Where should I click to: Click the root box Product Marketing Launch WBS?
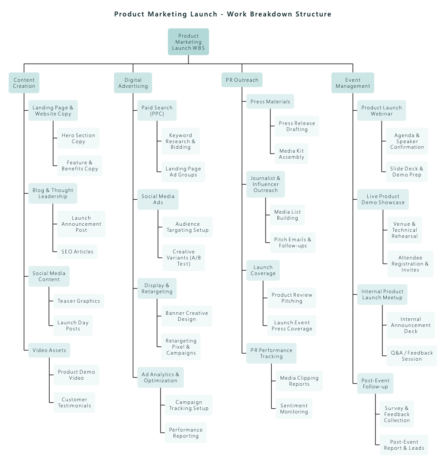coord(188,42)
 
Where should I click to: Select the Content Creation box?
coord(24,83)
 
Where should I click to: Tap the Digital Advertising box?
coord(133,83)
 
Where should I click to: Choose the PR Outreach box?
coord(242,80)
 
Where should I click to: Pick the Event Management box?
coord(353,83)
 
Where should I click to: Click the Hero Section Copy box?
coord(78,138)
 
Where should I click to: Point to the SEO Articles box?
coord(77,252)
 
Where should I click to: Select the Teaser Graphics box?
coord(79,301)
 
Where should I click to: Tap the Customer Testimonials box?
coord(74,403)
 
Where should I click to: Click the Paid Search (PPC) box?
coord(157,110)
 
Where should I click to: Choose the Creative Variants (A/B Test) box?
coord(183,258)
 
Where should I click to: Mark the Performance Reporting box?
coord(186,432)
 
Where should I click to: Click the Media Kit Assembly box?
coord(292,154)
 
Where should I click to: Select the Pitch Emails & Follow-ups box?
coord(293,243)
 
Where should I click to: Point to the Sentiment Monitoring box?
coord(294,409)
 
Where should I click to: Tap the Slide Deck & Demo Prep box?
coord(407,172)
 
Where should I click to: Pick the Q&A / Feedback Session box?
coord(412,356)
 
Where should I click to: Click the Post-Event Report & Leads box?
coord(404,445)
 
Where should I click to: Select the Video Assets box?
coord(49,350)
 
